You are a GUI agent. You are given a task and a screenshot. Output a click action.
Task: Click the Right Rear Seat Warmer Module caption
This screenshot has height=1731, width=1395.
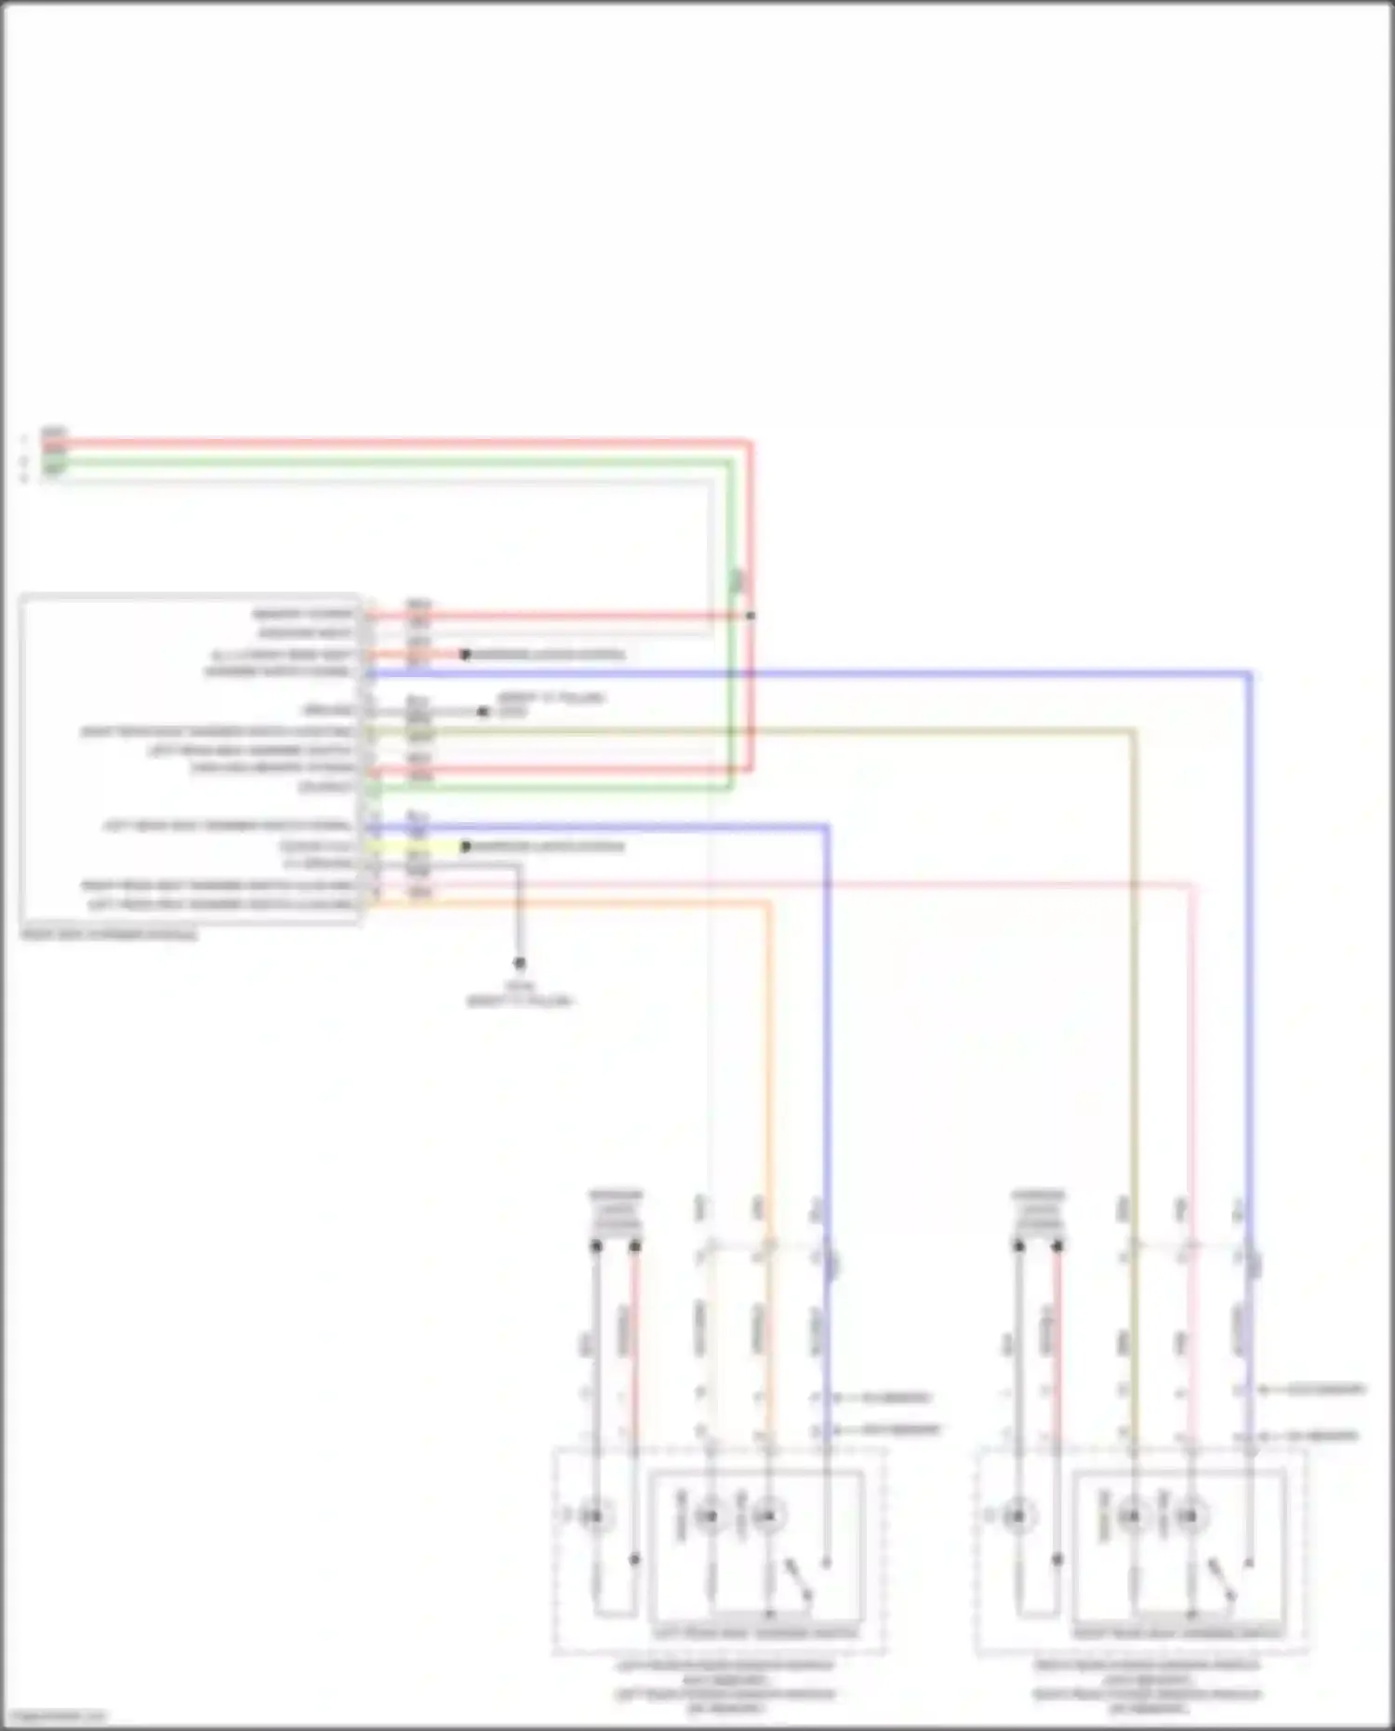click(110, 934)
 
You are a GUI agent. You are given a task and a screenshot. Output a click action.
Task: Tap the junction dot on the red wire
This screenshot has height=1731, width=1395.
click(751, 616)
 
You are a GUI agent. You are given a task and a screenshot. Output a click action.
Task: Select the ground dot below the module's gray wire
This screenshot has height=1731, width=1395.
click(520, 964)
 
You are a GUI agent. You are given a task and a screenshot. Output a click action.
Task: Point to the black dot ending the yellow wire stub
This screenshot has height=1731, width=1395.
click(466, 846)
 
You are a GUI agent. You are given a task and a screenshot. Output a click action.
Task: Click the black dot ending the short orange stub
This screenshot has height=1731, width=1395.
click(465, 655)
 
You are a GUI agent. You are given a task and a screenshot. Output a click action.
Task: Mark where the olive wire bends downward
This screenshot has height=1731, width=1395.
click(1133, 732)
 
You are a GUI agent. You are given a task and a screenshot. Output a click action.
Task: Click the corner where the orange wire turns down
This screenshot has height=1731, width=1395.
click(768, 903)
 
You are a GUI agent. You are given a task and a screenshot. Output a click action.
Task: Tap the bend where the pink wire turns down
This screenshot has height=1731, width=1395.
click(1192, 885)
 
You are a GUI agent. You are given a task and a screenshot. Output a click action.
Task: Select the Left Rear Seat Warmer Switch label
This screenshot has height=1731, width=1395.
click(755, 1633)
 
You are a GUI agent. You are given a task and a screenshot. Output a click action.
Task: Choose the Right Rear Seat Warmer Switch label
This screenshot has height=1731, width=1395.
click(1178, 1633)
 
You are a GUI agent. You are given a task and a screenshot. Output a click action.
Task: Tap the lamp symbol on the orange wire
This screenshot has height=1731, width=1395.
click(768, 1517)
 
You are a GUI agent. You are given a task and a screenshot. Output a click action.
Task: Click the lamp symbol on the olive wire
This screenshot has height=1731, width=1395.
click(1132, 1517)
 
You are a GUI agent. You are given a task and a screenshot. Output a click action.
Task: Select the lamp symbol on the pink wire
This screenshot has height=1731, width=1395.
click(1190, 1517)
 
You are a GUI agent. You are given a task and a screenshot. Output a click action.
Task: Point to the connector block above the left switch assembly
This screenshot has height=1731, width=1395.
click(616, 1212)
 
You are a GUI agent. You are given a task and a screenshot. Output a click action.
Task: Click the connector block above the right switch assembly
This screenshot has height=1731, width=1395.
click(1038, 1212)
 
